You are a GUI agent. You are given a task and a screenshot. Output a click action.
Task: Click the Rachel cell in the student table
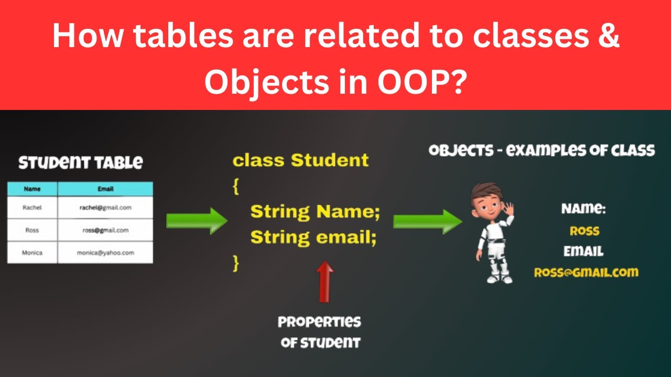click(32, 207)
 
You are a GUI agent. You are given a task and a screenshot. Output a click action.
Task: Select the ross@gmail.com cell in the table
click(105, 230)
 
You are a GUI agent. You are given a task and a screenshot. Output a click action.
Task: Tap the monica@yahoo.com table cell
click(105, 252)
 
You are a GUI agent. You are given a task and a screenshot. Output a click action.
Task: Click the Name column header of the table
click(32, 189)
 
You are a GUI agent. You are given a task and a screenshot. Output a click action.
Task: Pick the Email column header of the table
click(105, 189)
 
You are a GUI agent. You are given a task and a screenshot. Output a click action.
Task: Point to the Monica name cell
click(32, 252)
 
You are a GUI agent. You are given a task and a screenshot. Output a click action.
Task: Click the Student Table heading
click(80, 162)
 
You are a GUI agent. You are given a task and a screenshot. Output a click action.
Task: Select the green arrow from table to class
click(197, 220)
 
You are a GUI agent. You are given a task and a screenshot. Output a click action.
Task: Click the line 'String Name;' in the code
click(315, 212)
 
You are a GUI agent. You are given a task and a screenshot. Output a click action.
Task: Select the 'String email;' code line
click(313, 237)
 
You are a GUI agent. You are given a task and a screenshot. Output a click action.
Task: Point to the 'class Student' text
click(301, 160)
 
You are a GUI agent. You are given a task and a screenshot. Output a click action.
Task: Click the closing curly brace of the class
click(236, 263)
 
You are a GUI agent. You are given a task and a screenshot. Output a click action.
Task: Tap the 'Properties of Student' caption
click(320, 332)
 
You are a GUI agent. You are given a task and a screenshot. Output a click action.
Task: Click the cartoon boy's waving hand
click(507, 209)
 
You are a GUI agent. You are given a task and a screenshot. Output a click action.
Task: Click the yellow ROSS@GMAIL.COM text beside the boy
click(586, 272)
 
